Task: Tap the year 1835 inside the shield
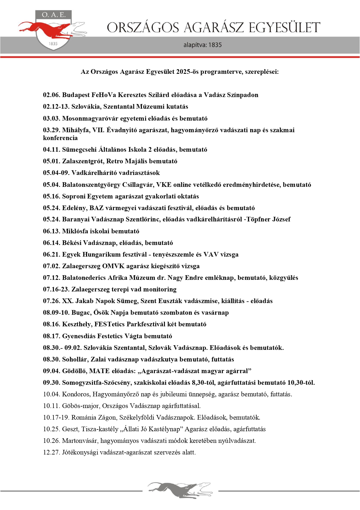53,44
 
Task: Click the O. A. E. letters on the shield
53,15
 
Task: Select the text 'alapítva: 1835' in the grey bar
202,45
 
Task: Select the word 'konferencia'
60,138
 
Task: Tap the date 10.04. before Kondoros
51,394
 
